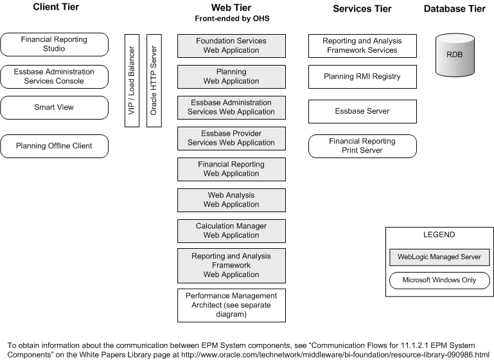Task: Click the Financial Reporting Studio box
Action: (x=54, y=44)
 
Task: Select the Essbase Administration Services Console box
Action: (x=54, y=76)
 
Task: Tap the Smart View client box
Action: (x=54, y=107)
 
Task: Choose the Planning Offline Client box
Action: (x=54, y=146)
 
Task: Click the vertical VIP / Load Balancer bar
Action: (x=132, y=80)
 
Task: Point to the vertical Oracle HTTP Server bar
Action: (x=154, y=80)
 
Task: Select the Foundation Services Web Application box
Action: (x=231, y=46)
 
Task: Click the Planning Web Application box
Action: (x=231, y=76)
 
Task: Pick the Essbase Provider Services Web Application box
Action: (x=231, y=138)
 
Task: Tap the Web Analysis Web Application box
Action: (x=231, y=200)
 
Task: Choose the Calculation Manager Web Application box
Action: (x=231, y=231)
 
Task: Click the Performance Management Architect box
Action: (x=231, y=305)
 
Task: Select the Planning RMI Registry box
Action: (x=362, y=76)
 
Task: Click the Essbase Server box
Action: (x=362, y=111)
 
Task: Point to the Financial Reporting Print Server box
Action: (x=362, y=146)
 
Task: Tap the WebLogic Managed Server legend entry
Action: (x=439, y=257)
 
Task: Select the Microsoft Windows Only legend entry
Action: (x=439, y=280)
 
